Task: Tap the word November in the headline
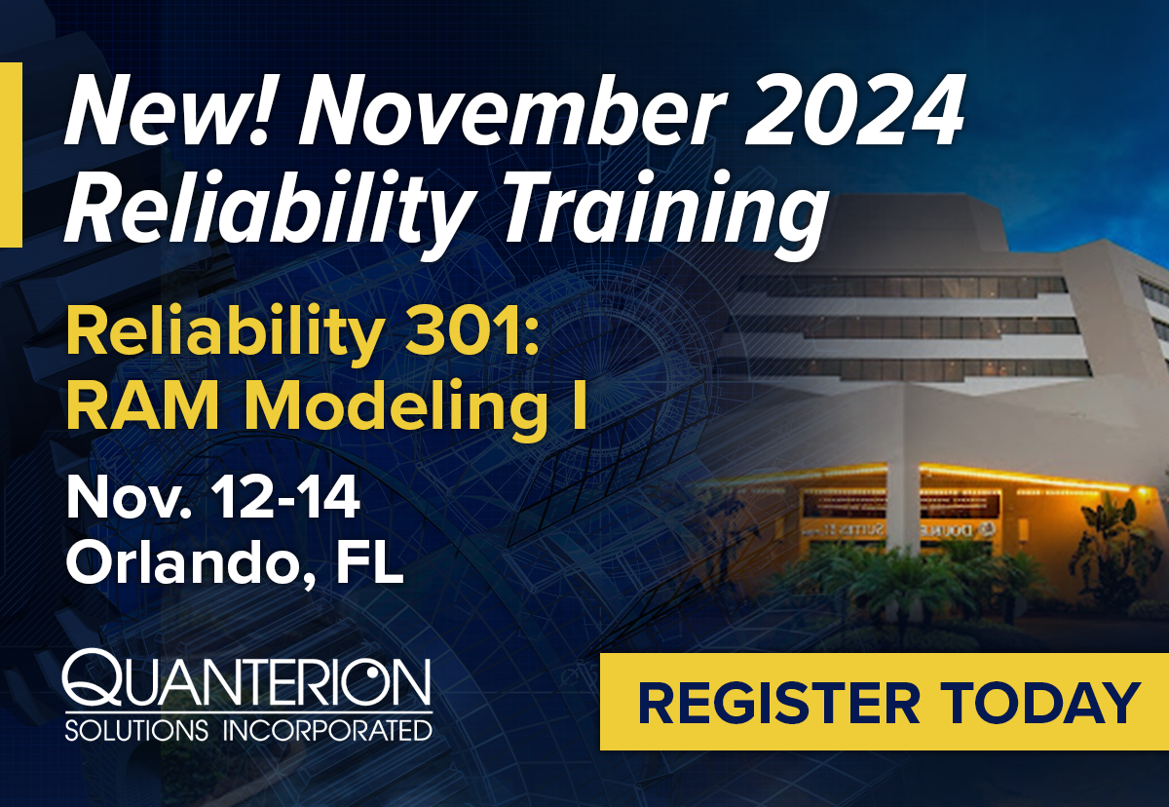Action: pyautogui.click(x=512, y=111)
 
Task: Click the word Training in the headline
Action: pyautogui.click(x=661, y=214)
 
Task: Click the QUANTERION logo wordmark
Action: pyautogui.click(x=246, y=677)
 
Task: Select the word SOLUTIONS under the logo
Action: pyautogui.click(x=136, y=730)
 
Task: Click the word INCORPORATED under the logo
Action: pyautogui.click(x=327, y=730)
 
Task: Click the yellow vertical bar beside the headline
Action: pyautogui.click(x=11, y=155)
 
